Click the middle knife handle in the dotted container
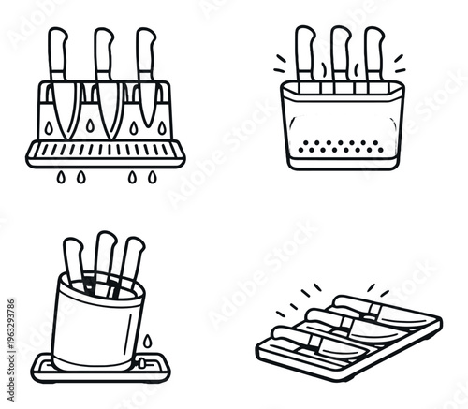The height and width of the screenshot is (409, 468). coord(340,51)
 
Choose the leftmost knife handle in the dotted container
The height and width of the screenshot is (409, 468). coord(305,51)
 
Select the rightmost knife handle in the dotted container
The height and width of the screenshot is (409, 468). coord(373,51)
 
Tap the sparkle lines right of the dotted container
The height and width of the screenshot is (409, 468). coord(401,64)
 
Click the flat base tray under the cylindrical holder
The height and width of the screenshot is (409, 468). coord(103,367)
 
